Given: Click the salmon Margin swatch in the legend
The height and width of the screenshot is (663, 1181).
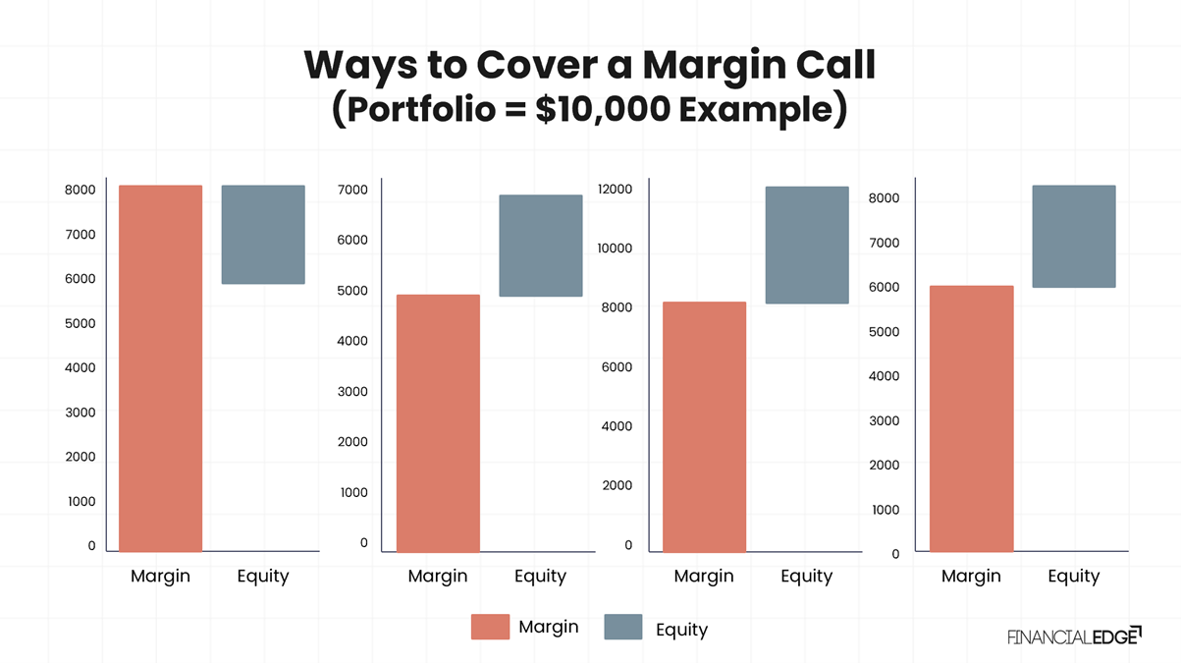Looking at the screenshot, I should [x=490, y=627].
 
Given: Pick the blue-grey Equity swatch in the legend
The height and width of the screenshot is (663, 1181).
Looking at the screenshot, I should [x=622, y=627].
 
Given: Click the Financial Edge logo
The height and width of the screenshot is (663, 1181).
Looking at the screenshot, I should [x=1073, y=636].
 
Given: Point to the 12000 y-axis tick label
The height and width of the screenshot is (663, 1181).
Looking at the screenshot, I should [x=616, y=189].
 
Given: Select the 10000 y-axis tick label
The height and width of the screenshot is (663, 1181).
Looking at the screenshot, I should [x=616, y=249].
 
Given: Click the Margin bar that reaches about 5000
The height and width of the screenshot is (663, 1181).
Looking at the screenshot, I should [x=438, y=422].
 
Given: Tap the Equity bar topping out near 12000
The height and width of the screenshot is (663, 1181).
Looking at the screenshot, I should [x=807, y=245].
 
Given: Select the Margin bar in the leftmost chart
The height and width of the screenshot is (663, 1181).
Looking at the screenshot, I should [x=160, y=368].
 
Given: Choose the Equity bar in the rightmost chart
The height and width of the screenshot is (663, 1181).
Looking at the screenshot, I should [x=1073, y=236].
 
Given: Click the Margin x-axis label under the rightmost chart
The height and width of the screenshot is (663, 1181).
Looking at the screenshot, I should [x=971, y=577].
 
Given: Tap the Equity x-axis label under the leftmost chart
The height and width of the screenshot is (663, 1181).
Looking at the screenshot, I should [x=263, y=577].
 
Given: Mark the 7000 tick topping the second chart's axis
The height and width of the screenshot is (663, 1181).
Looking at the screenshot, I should [x=352, y=190].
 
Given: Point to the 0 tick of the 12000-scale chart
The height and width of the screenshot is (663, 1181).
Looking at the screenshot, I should [x=628, y=545].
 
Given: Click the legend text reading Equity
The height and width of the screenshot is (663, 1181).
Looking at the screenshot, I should [x=681, y=630].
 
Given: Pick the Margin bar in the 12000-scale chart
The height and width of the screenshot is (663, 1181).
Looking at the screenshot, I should [x=704, y=426].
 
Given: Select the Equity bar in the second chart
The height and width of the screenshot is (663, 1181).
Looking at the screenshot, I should [x=540, y=246].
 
